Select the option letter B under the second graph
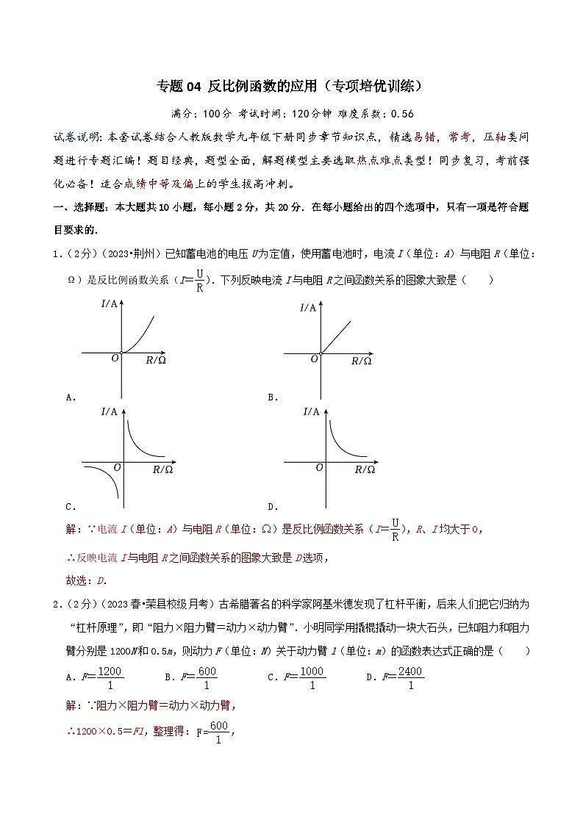(271, 397)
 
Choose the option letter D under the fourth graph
(271, 507)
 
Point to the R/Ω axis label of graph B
(361, 361)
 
